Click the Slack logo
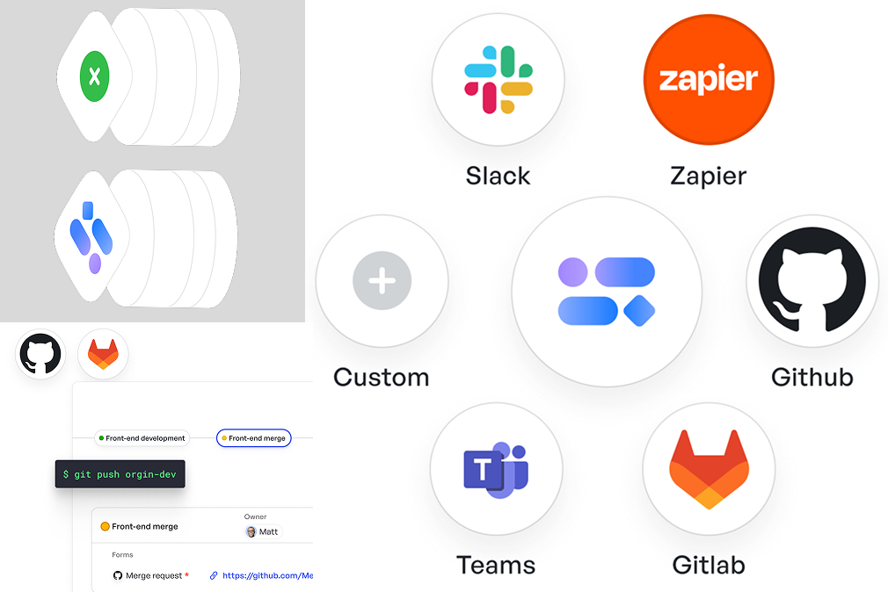pyautogui.click(x=499, y=79)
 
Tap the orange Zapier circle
pyautogui.click(x=709, y=79)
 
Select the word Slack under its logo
pyautogui.click(x=498, y=176)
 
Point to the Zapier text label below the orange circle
pyautogui.click(x=708, y=177)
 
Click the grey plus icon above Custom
pyautogui.click(x=382, y=281)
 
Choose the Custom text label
pyautogui.click(x=382, y=378)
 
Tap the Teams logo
pyautogui.click(x=496, y=469)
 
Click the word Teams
pyautogui.click(x=496, y=566)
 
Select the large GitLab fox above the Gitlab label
pyautogui.click(x=709, y=469)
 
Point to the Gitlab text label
pyautogui.click(x=709, y=566)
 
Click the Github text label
pyautogui.click(x=812, y=378)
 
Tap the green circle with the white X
pyautogui.click(x=95, y=76)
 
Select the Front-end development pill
pyautogui.click(x=142, y=438)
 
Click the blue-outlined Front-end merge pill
pyautogui.click(x=254, y=438)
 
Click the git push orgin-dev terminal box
pyautogui.click(x=120, y=474)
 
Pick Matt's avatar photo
pyautogui.click(x=251, y=532)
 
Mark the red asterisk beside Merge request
pyautogui.click(x=187, y=574)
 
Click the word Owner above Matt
pyautogui.click(x=256, y=516)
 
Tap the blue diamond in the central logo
pyautogui.click(x=639, y=311)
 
